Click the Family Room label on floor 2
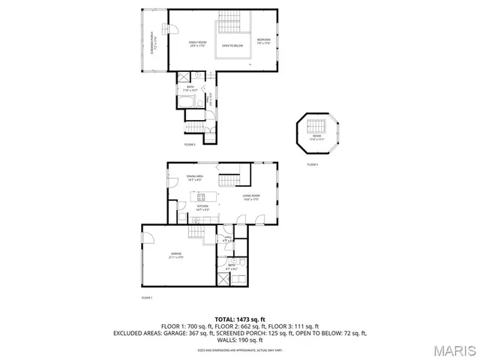[196, 44]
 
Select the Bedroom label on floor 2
[264, 40]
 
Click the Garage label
[175, 256]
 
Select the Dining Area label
[196, 178]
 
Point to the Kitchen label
[200, 208]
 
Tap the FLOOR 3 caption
[312, 164]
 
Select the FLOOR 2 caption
[190, 144]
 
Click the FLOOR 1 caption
[147, 298]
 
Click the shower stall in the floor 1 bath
[223, 278]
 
